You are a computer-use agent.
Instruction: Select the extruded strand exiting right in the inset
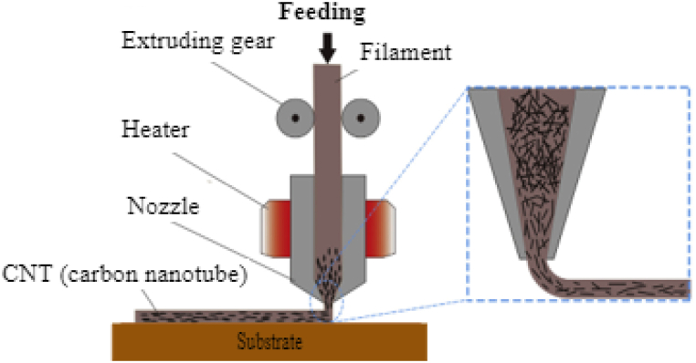click(x=621, y=288)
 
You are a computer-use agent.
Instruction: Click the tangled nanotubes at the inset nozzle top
click(x=540, y=128)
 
